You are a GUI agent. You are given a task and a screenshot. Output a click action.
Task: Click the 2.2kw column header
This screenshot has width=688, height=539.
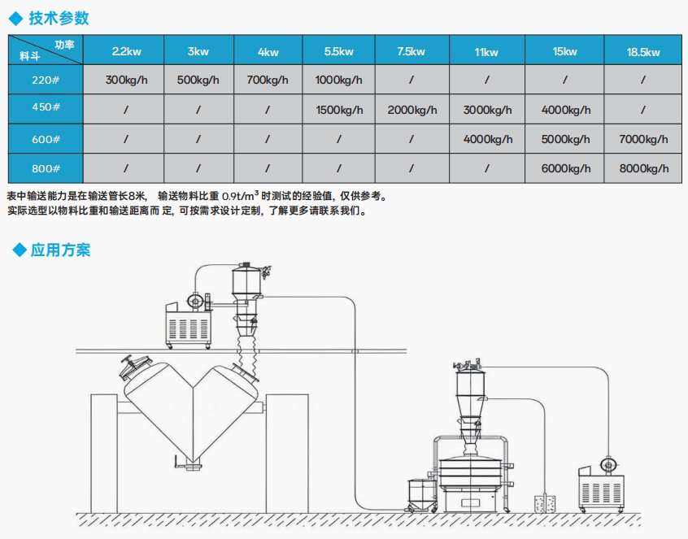126,51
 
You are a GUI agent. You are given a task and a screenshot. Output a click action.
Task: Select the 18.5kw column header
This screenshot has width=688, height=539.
642,52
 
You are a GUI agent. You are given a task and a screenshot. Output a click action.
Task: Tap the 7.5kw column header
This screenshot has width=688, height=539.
411,51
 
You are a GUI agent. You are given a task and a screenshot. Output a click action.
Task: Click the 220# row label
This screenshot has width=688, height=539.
46,80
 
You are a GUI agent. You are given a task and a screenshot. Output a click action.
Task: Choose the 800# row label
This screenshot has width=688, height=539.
46,168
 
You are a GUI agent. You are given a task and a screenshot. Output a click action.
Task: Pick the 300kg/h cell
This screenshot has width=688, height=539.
126,80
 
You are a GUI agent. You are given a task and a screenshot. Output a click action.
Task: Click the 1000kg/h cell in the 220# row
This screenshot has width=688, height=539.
339,80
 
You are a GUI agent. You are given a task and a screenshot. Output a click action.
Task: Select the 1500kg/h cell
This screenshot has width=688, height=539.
339,110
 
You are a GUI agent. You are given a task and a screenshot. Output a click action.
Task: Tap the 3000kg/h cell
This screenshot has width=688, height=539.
487,110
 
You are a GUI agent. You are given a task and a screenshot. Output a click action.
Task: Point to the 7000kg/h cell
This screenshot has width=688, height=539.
643,139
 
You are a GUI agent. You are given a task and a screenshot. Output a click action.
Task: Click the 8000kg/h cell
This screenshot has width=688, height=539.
644,168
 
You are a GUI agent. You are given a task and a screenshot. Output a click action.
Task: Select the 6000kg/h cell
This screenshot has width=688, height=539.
565,168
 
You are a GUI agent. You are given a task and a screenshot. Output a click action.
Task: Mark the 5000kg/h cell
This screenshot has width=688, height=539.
565,139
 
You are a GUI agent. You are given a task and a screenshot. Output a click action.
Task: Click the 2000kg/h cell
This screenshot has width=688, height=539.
412,110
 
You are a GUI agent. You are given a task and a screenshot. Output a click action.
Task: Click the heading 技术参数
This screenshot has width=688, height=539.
59,19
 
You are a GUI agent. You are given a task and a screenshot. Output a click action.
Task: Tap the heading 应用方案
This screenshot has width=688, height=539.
60,250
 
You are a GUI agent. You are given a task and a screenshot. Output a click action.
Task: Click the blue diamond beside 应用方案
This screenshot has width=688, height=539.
20,250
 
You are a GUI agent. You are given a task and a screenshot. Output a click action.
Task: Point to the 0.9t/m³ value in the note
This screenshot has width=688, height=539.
241,196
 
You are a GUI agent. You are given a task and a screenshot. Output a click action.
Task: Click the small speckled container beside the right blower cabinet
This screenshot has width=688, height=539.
545,504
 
